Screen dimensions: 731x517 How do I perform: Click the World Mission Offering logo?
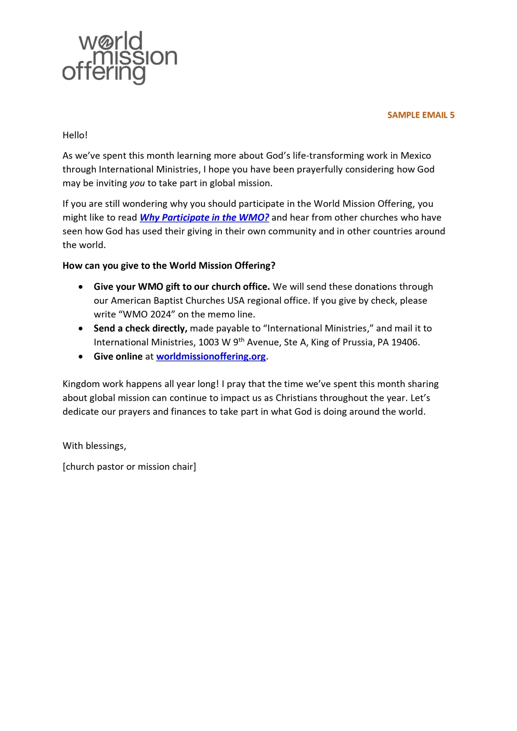coord(119,58)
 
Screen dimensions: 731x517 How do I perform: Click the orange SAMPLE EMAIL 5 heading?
coord(420,115)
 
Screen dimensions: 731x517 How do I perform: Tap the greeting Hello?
coord(75,135)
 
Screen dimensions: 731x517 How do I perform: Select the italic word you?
coord(137,183)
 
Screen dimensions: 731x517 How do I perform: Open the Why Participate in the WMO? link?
coord(204,218)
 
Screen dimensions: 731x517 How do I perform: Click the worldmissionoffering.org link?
coord(211,356)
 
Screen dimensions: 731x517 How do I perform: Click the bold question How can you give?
coord(169,266)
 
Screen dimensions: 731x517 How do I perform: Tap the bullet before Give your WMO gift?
coord(81,287)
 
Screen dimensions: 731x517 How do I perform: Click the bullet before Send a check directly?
coord(81,328)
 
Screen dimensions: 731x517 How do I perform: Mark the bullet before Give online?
coord(81,357)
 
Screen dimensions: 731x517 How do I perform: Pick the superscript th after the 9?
coord(241,340)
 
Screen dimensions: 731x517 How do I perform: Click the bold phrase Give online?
coord(118,356)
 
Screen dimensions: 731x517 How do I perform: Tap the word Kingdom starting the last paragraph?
coord(81,384)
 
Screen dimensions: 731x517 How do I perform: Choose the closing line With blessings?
coord(94,446)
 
